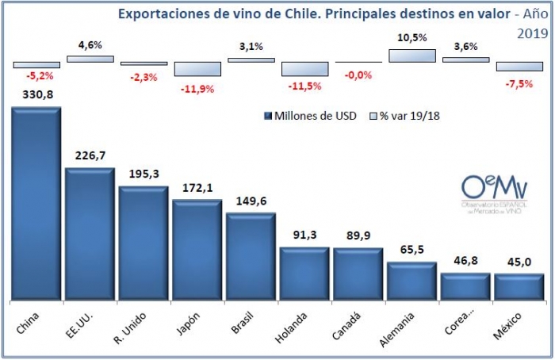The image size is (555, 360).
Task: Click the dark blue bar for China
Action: point(36,204)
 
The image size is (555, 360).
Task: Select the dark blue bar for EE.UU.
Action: point(90,235)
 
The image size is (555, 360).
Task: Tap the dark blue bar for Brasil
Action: point(251,257)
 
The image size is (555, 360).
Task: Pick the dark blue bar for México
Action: point(519,287)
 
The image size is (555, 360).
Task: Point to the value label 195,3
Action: point(143,174)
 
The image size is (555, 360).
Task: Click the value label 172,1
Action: point(197,187)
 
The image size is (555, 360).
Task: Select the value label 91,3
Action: point(304,234)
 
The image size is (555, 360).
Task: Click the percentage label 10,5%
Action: point(411,37)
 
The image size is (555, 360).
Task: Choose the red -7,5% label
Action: point(519,83)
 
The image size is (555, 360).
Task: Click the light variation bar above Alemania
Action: point(412,56)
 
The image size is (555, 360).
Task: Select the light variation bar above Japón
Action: point(197,69)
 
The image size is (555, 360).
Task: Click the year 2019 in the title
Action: point(532,34)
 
